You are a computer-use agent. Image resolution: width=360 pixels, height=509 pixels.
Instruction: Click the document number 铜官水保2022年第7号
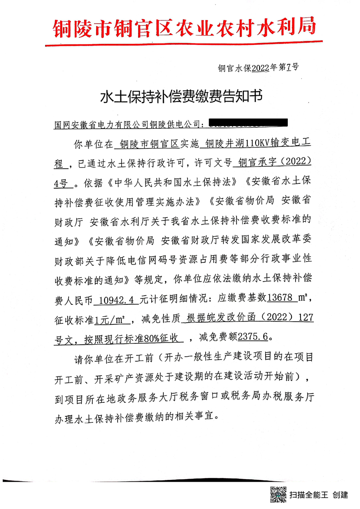click(258, 68)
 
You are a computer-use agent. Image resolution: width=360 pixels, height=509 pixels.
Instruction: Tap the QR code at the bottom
click(278, 494)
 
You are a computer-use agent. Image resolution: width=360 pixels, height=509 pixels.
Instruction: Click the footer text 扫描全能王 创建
click(319, 494)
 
